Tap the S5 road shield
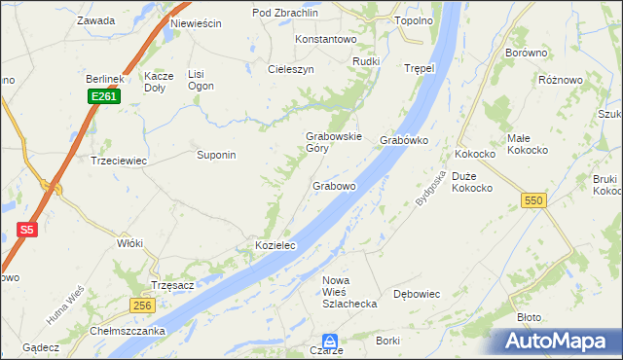pos(26,231)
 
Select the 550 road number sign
pos(531,199)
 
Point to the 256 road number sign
pos(141,306)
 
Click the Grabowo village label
pos(334,185)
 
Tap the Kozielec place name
pos(275,247)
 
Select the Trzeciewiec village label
pos(118,162)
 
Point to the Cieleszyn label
pos(291,70)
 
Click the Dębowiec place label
pos(416,294)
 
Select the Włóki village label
pos(129,243)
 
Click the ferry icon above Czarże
pos(330,342)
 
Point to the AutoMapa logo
pos(558,342)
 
